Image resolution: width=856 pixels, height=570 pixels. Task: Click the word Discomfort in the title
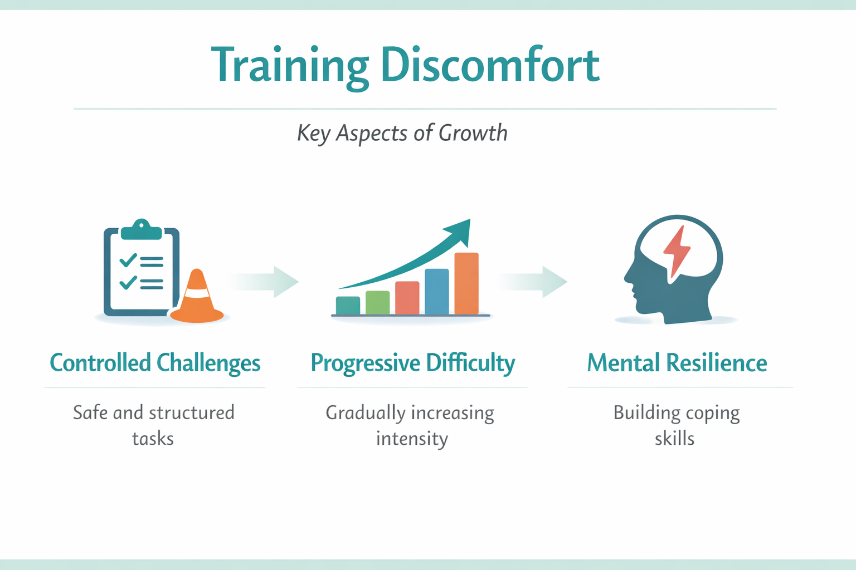(x=490, y=64)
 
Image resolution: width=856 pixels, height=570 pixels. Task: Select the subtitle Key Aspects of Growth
(x=402, y=134)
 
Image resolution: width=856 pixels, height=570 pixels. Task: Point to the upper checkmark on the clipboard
(x=128, y=260)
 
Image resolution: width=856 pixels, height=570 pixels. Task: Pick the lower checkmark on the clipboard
(x=128, y=282)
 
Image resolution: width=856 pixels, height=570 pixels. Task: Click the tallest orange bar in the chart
(x=466, y=283)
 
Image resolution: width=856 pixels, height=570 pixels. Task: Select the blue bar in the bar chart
(x=437, y=292)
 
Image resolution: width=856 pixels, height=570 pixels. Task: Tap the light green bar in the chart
(x=377, y=303)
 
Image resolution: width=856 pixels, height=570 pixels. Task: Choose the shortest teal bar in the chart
(x=348, y=306)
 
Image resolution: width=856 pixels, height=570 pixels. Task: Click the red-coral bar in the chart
(x=407, y=298)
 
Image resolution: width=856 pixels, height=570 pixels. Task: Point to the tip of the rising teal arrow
(x=470, y=219)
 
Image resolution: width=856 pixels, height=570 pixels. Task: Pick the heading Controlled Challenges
(x=155, y=363)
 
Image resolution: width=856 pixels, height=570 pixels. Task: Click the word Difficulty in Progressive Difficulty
(x=470, y=363)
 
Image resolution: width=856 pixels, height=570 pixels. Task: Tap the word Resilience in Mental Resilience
(x=717, y=363)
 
